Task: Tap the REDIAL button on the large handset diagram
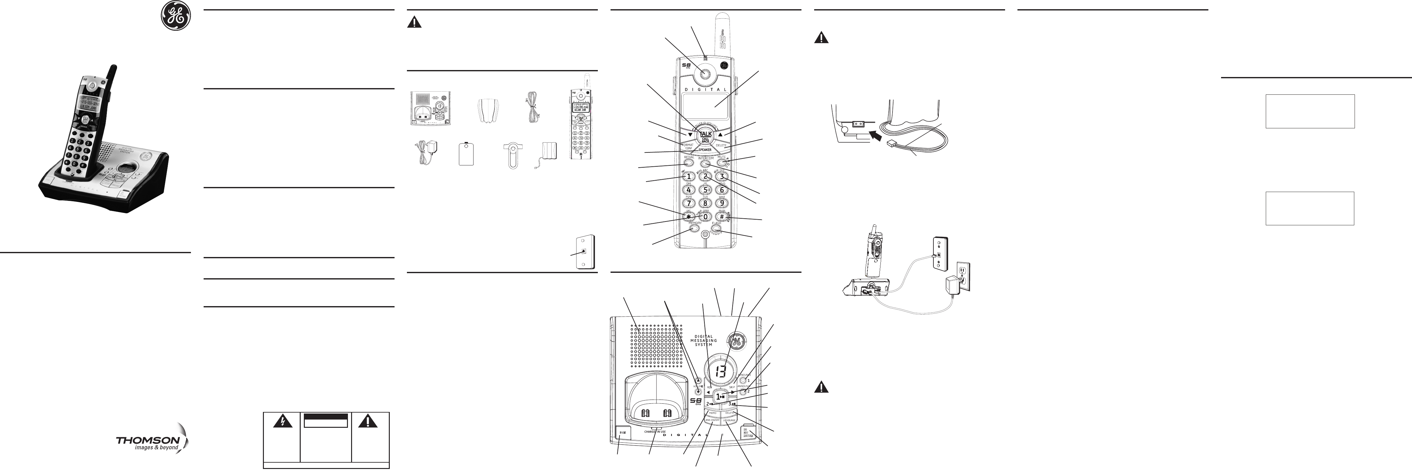[689, 163]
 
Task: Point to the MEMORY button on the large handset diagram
[695, 229]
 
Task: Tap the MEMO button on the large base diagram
[713, 414]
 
